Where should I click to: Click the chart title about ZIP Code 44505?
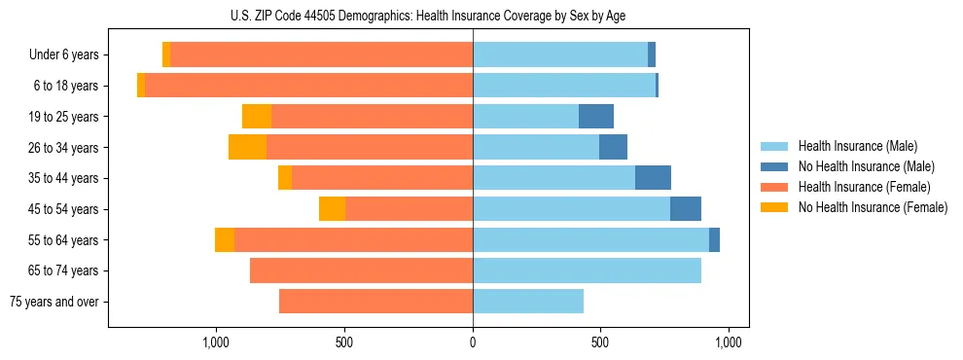473,16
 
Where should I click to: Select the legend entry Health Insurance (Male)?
856,146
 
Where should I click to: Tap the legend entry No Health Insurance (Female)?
871,207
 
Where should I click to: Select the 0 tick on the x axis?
473,342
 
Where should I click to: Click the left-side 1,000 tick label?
216,342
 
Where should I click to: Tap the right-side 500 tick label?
600,342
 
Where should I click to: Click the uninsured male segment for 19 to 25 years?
596,117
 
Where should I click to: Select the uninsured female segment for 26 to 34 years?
247,148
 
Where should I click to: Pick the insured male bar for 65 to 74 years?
587,270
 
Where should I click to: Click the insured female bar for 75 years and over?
375,302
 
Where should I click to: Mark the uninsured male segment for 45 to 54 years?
686,209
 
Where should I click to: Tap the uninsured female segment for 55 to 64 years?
225,240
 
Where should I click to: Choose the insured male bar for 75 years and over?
528,302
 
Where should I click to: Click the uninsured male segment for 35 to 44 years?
653,178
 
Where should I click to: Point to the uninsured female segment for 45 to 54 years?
332,209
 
